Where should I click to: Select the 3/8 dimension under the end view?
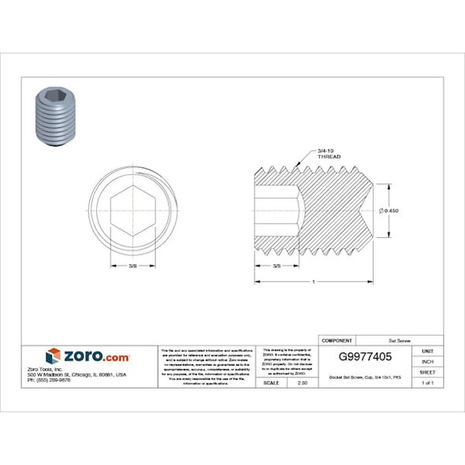coord(134,267)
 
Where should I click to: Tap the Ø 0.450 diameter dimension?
coord(389,210)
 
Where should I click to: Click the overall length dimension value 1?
coord(314,281)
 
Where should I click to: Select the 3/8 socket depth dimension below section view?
coord(277,267)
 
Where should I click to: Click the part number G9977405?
coord(363,356)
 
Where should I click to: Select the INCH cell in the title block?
coord(427,361)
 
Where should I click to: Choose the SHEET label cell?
coord(427,372)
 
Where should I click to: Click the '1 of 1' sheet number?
coord(427,382)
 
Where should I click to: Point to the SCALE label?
coord(270,382)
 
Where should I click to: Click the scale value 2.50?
coord(302,382)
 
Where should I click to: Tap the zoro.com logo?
coord(87,355)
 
